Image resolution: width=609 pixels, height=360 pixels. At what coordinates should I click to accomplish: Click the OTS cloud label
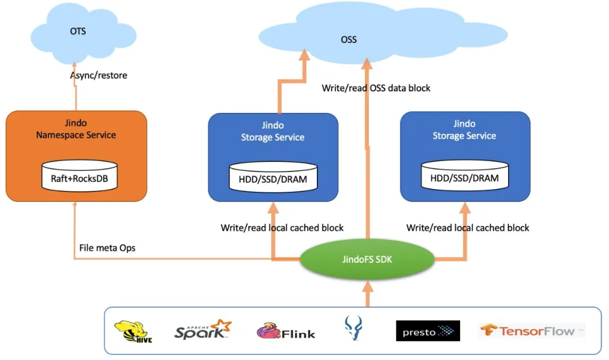78,31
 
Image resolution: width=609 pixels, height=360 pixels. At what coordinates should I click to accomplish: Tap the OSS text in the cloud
349,39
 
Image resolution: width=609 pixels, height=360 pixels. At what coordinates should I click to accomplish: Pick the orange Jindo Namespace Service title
76,129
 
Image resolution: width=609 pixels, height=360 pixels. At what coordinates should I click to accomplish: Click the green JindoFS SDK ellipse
367,260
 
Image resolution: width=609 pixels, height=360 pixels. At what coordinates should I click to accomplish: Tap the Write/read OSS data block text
376,88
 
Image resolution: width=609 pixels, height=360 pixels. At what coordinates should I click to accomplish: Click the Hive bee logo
133,331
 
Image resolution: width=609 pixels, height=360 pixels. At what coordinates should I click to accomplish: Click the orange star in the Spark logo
224,326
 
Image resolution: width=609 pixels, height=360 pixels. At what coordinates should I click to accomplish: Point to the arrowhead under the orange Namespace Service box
74,207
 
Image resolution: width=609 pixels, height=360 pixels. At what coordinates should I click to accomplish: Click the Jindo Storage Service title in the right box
465,130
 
